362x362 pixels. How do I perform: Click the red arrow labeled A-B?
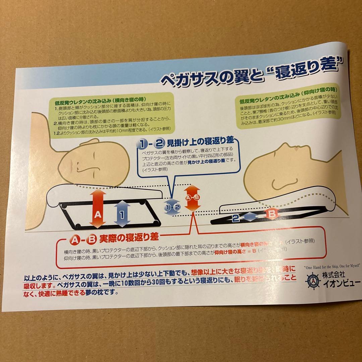[x=192, y=198]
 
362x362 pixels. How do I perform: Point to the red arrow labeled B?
[x=272, y=213]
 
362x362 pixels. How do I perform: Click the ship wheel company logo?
[x=312, y=281]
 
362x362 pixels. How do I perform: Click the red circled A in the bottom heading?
[x=75, y=239]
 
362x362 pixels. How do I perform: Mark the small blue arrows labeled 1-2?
[x=172, y=207]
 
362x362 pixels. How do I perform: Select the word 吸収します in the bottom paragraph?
[x=38, y=286]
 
